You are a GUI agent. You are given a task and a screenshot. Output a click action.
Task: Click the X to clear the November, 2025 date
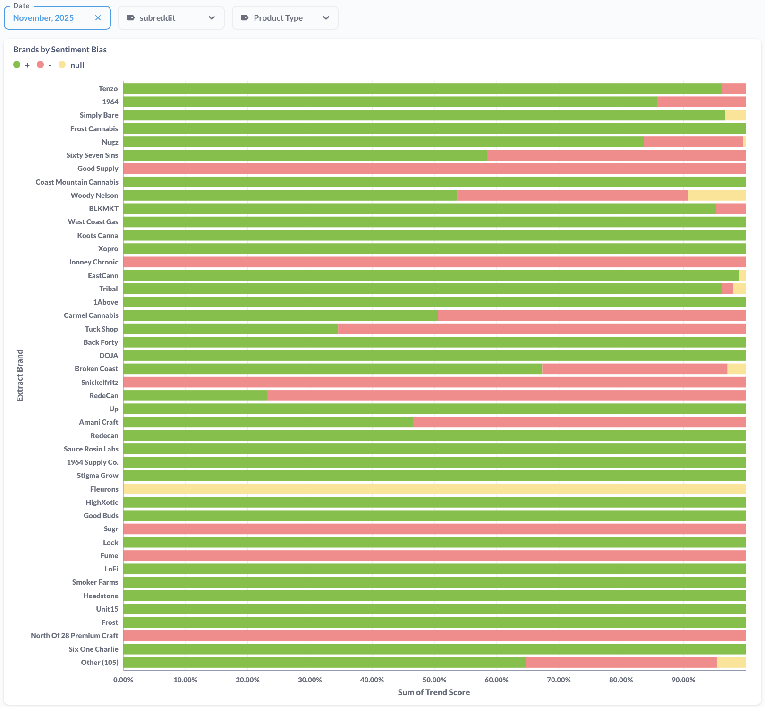(98, 18)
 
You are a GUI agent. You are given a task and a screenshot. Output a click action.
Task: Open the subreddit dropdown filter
(171, 18)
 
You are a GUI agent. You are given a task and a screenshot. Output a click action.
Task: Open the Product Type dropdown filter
(285, 18)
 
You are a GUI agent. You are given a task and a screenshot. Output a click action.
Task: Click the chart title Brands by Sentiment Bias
(60, 50)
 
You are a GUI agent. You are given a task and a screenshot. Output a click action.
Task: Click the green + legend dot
(17, 65)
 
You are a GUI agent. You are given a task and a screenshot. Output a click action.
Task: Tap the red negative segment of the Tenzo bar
(733, 89)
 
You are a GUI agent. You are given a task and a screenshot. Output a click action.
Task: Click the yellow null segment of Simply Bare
(735, 115)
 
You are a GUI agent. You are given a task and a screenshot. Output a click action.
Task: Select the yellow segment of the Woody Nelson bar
(716, 196)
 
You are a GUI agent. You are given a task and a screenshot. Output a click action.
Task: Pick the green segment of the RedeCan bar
(195, 396)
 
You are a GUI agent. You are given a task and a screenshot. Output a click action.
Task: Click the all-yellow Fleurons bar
(434, 489)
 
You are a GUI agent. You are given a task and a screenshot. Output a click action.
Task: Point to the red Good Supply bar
(434, 169)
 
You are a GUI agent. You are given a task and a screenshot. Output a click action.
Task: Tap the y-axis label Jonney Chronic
(93, 262)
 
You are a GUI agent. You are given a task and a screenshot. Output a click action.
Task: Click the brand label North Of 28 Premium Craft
(74, 636)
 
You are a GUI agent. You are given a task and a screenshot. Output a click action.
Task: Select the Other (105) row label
(99, 663)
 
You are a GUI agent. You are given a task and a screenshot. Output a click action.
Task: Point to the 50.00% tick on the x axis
(434, 680)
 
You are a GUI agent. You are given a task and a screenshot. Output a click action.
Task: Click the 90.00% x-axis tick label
(683, 680)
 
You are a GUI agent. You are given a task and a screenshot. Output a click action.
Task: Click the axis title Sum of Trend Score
(433, 692)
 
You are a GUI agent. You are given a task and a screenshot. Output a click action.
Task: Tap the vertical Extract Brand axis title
(20, 375)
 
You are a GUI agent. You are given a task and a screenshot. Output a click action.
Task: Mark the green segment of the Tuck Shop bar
(230, 329)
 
